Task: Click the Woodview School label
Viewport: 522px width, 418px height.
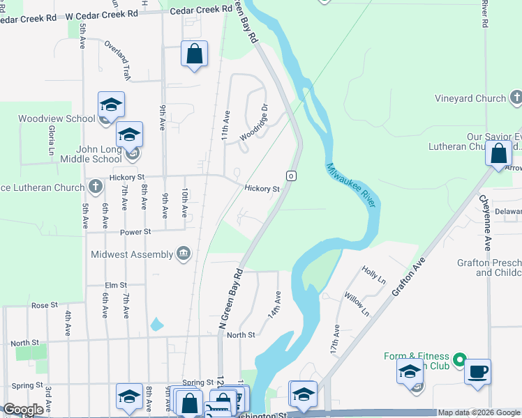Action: tap(57, 118)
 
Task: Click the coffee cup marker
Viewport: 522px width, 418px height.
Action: tap(477, 372)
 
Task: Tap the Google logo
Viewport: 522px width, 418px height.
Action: tap(23, 410)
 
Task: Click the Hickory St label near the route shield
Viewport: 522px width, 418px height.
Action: tap(262, 189)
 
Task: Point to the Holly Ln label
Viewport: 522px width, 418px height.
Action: tap(373, 274)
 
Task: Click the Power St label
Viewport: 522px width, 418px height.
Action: tap(135, 231)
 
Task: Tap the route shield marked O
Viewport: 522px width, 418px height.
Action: tap(292, 175)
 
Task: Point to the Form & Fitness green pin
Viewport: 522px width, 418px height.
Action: tap(458, 359)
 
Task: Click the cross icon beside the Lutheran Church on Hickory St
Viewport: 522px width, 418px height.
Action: tap(96, 186)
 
